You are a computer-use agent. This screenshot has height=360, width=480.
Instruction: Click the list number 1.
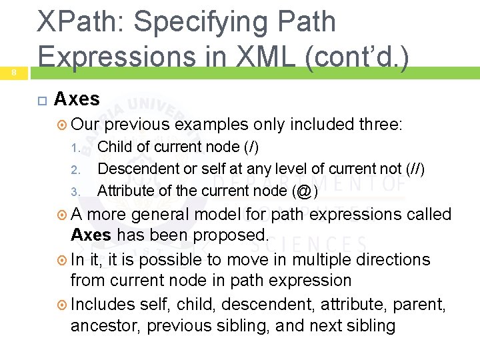(x=76, y=147)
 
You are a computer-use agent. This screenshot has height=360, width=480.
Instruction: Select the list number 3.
(x=75, y=191)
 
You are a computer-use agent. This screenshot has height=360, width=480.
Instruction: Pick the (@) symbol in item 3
(x=304, y=191)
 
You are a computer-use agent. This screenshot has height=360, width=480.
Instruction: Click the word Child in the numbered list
(x=114, y=147)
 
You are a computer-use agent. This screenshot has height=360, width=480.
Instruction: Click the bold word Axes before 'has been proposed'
(x=91, y=235)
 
